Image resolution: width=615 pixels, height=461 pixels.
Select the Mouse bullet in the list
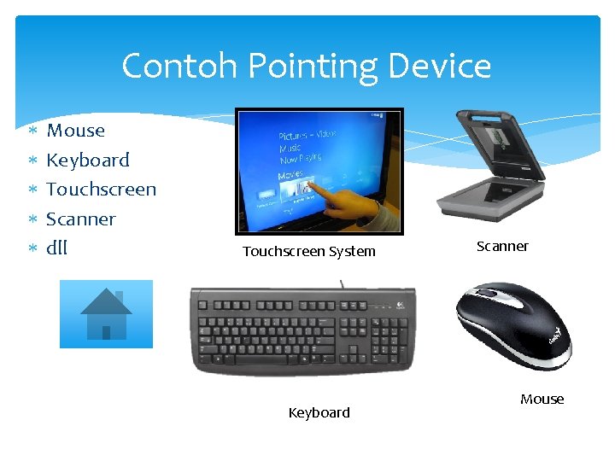[75, 131]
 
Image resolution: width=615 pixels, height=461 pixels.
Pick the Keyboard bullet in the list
[87, 160]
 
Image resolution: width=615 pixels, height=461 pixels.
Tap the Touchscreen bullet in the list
[101, 189]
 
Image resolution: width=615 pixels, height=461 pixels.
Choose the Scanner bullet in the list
[80, 219]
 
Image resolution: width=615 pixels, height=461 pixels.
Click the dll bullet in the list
[56, 248]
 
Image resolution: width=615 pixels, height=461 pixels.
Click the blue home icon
[106, 314]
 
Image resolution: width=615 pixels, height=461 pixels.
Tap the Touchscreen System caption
[308, 251]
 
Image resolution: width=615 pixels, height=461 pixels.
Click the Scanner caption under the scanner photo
[502, 246]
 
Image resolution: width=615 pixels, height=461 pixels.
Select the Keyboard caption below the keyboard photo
[319, 412]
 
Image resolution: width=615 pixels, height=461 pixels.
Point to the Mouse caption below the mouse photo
[542, 399]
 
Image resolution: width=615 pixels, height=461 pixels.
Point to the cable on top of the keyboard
[342, 283]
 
